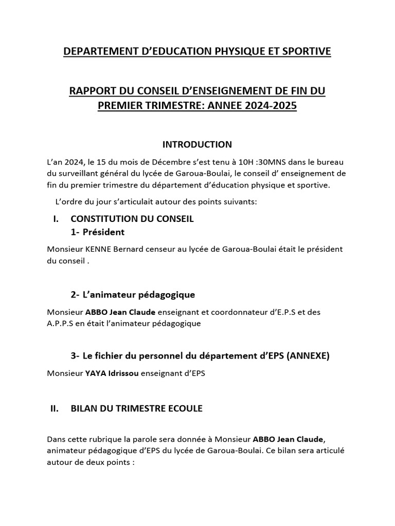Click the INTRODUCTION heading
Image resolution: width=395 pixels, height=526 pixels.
pos(197,144)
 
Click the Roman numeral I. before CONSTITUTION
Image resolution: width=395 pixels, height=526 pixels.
pos(56,219)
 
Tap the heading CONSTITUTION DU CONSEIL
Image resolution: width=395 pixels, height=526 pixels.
pos(132,219)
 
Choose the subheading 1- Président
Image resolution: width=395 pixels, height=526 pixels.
pos(98,232)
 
